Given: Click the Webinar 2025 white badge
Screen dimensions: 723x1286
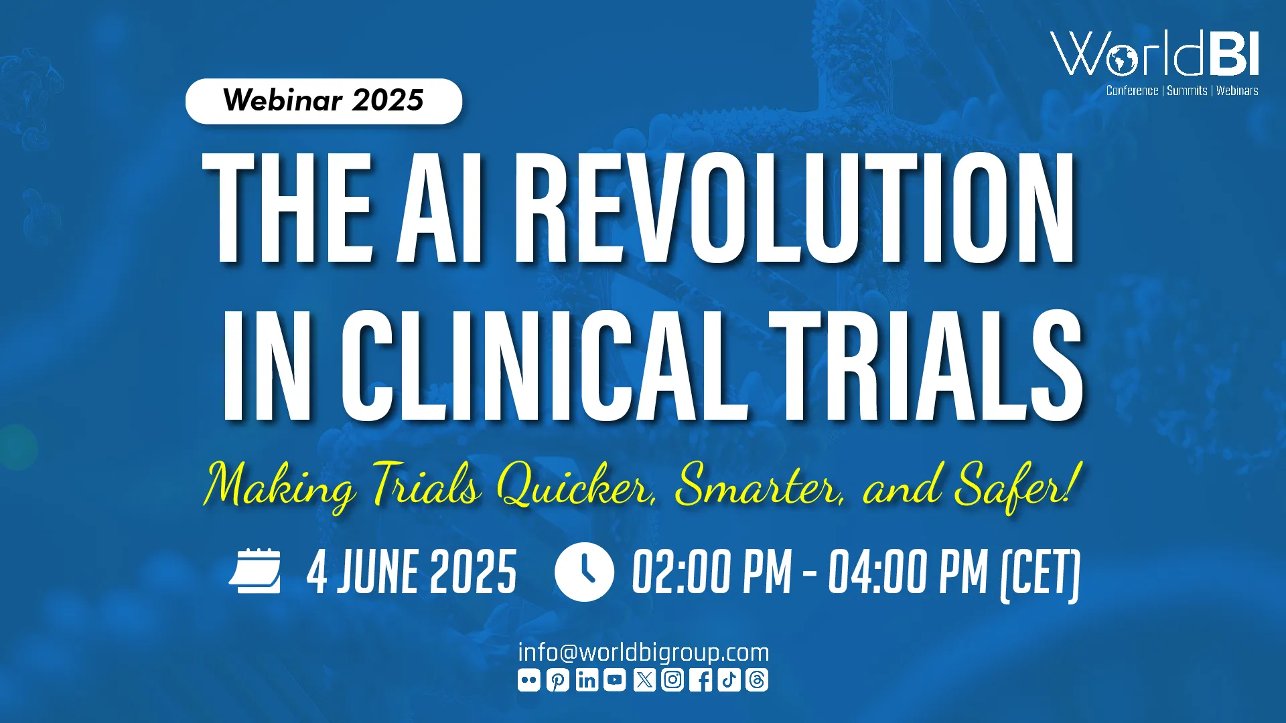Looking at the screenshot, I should tap(324, 101).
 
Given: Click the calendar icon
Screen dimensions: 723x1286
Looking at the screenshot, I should tap(255, 571).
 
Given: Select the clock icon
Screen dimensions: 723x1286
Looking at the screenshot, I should tap(584, 572).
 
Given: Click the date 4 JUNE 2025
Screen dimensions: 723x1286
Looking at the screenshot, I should tap(411, 572).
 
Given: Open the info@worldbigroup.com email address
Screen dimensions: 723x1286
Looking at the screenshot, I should tap(643, 652).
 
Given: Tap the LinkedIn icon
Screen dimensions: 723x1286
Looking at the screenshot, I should tap(587, 680).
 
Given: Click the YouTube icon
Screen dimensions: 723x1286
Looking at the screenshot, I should tap(615, 680).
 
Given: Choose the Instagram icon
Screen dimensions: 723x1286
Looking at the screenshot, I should tap(672, 680).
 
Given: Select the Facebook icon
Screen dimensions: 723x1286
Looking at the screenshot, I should tap(701, 680).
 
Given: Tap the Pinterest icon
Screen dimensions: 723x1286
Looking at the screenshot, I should tap(558, 680).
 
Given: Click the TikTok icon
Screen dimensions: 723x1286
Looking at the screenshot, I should tap(729, 680).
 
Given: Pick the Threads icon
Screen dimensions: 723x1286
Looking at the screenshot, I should tap(758, 680).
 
